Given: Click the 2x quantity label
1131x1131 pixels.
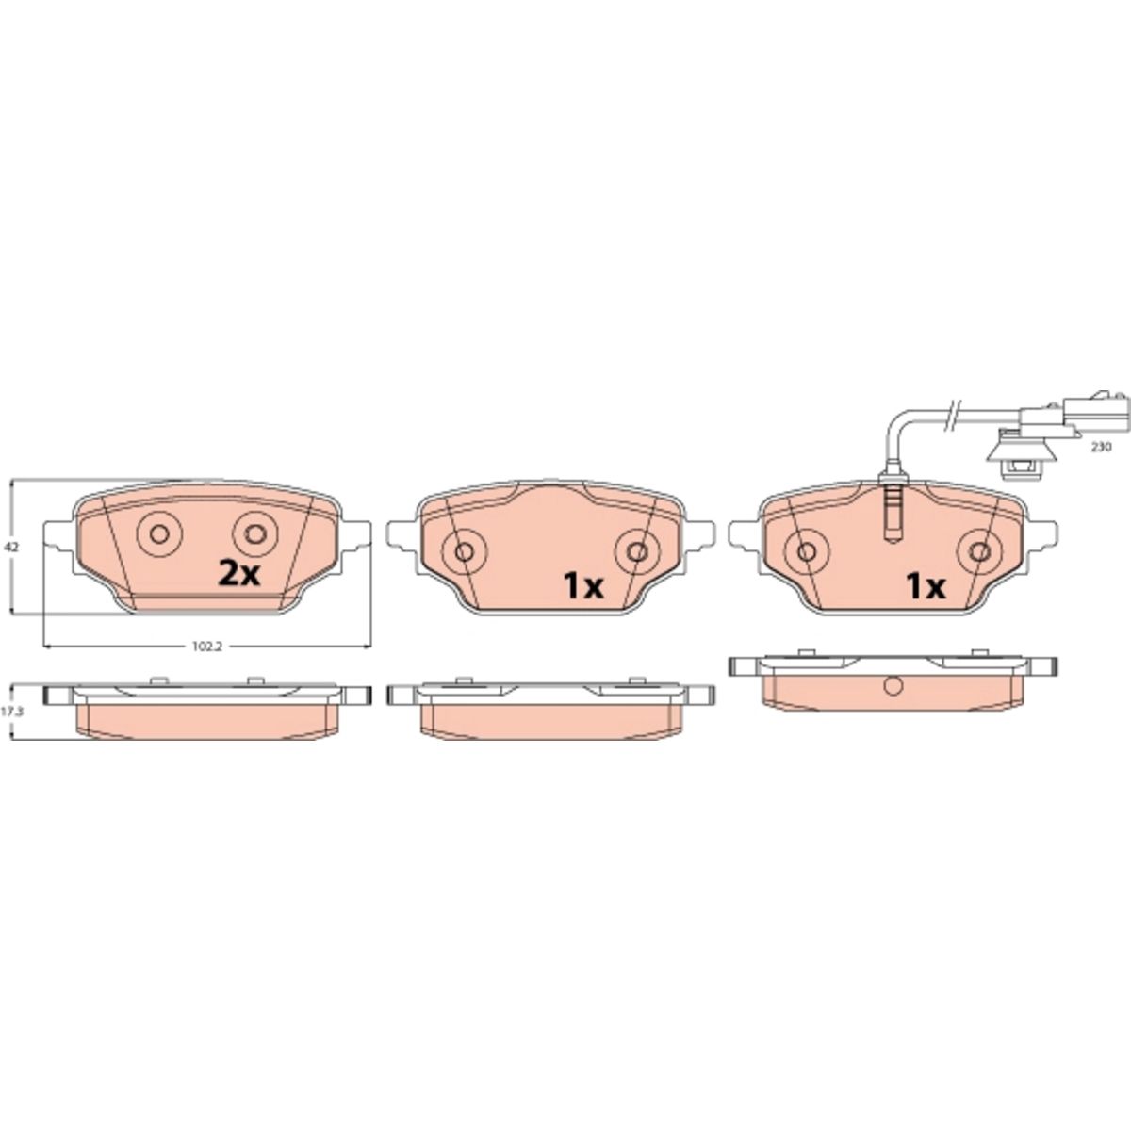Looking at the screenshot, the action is [238, 574].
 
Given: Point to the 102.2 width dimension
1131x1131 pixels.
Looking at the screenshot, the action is [207, 647].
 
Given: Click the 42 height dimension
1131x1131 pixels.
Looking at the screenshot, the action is [11, 547].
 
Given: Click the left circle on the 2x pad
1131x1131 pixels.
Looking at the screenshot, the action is [159, 534].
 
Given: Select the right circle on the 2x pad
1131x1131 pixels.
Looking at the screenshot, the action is [255, 534].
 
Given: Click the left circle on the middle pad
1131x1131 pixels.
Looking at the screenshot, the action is [465, 551].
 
